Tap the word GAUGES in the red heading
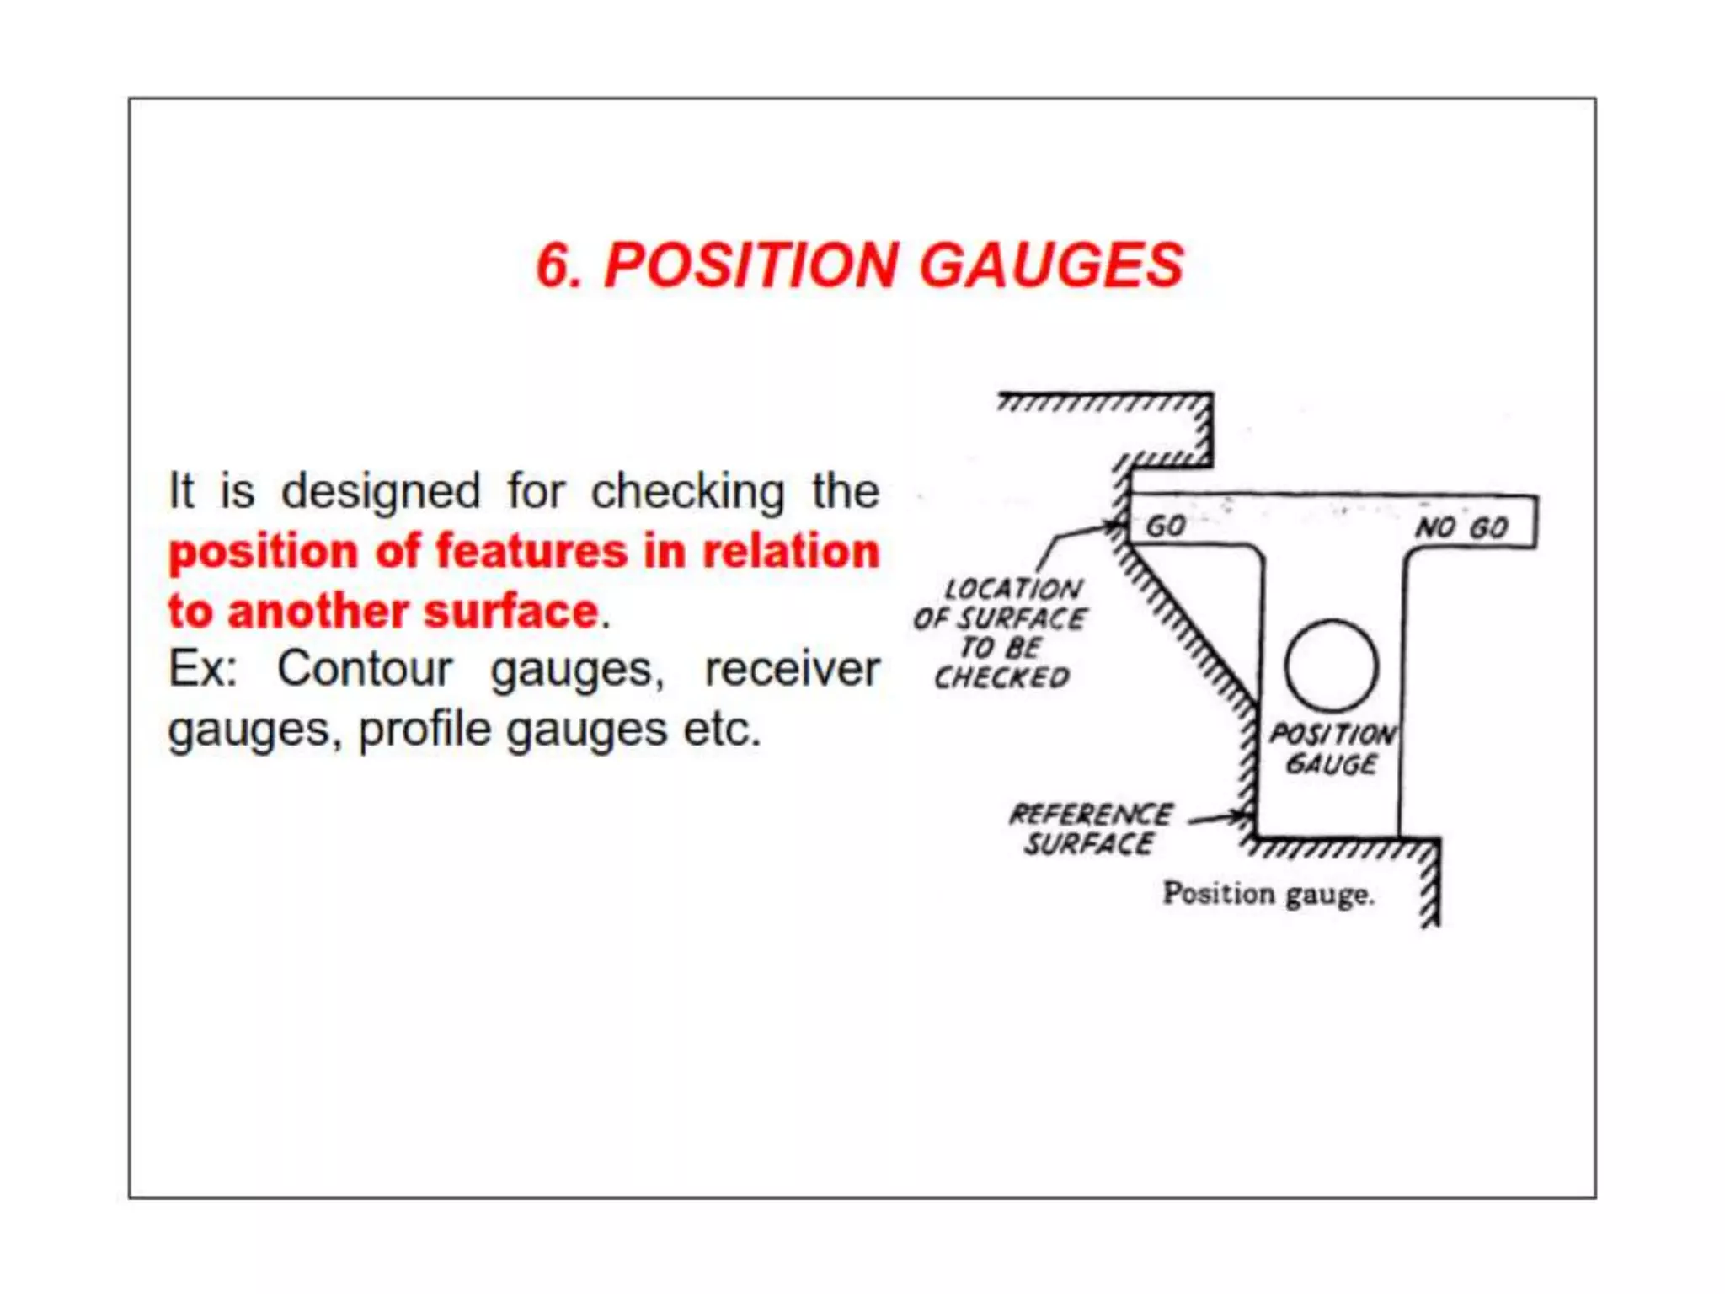(1051, 266)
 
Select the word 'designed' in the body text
(381, 492)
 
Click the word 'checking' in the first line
(687, 492)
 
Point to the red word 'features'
(531, 552)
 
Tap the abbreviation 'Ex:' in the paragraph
(203, 670)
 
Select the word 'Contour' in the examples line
(365, 670)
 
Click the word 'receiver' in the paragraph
(792, 670)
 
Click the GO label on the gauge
(1166, 527)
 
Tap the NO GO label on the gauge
(1461, 528)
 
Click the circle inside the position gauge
(1331, 666)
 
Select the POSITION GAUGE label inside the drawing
(1332, 749)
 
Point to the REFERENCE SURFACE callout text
(1090, 829)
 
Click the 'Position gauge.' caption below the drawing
(1268, 894)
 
